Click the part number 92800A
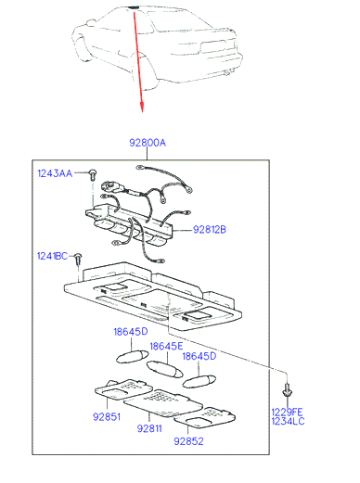(148, 143)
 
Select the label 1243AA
(55, 173)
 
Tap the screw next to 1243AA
(92, 174)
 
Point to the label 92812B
(210, 230)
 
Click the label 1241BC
(52, 256)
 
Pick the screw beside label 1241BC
(79, 259)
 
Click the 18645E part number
(166, 347)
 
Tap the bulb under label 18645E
(165, 370)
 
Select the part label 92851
(107, 417)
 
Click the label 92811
(149, 428)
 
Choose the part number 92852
(188, 441)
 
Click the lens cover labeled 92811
(163, 403)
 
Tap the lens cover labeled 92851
(123, 390)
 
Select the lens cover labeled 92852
(204, 417)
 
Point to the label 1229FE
(287, 412)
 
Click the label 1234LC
(288, 421)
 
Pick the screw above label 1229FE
(288, 390)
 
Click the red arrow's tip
(142, 112)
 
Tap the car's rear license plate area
(212, 46)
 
